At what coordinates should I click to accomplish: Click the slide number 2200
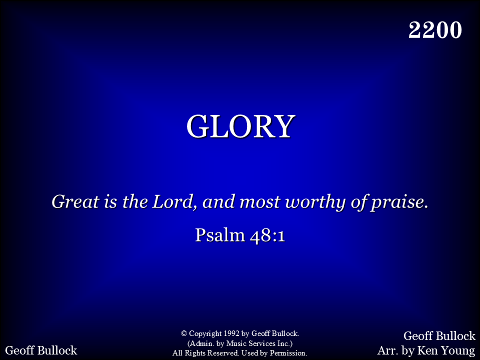[435, 30]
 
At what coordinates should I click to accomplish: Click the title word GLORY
[241, 126]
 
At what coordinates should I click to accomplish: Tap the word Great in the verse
[75, 201]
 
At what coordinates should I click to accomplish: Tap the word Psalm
[220, 235]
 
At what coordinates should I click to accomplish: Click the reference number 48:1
[267, 235]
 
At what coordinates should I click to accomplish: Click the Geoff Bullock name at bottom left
[41, 350]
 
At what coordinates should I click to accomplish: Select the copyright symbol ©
[184, 333]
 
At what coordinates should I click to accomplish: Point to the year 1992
[231, 333]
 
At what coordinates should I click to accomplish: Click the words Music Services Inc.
[258, 343]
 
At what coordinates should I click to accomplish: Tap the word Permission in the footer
[288, 353]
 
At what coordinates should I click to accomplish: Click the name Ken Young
[446, 350]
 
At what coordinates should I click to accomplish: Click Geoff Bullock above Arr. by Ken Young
[439, 336]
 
